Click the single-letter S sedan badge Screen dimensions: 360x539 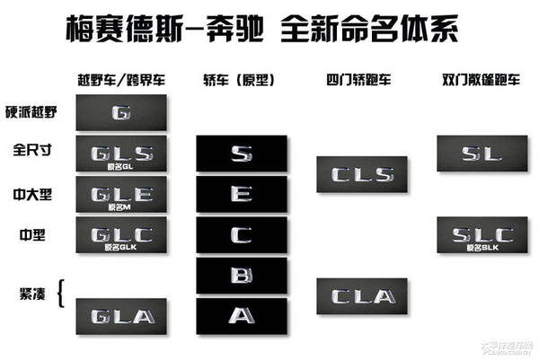(241, 154)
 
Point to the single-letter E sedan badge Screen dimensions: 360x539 (241, 194)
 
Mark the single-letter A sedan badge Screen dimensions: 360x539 (241, 316)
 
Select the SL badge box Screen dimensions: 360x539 (482, 154)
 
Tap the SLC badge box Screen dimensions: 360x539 (482, 235)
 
